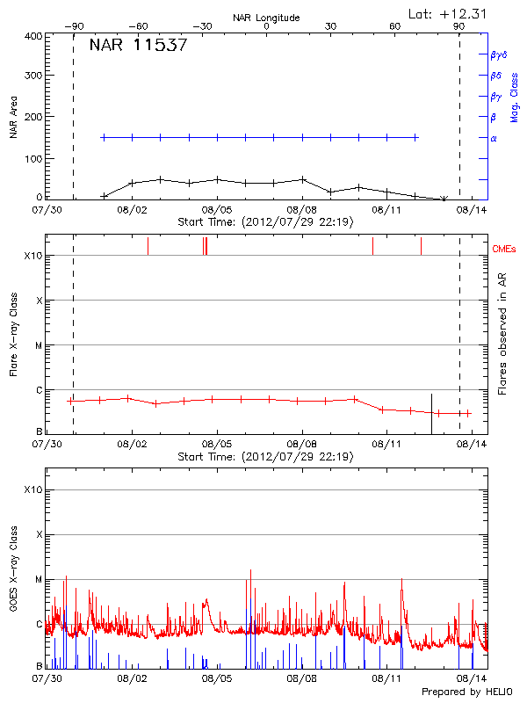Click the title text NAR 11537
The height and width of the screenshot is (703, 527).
point(138,46)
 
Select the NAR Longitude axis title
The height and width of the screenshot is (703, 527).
point(266,18)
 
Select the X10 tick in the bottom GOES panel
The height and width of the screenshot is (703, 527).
point(32,489)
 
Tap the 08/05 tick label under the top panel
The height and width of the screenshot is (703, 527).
point(216,210)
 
